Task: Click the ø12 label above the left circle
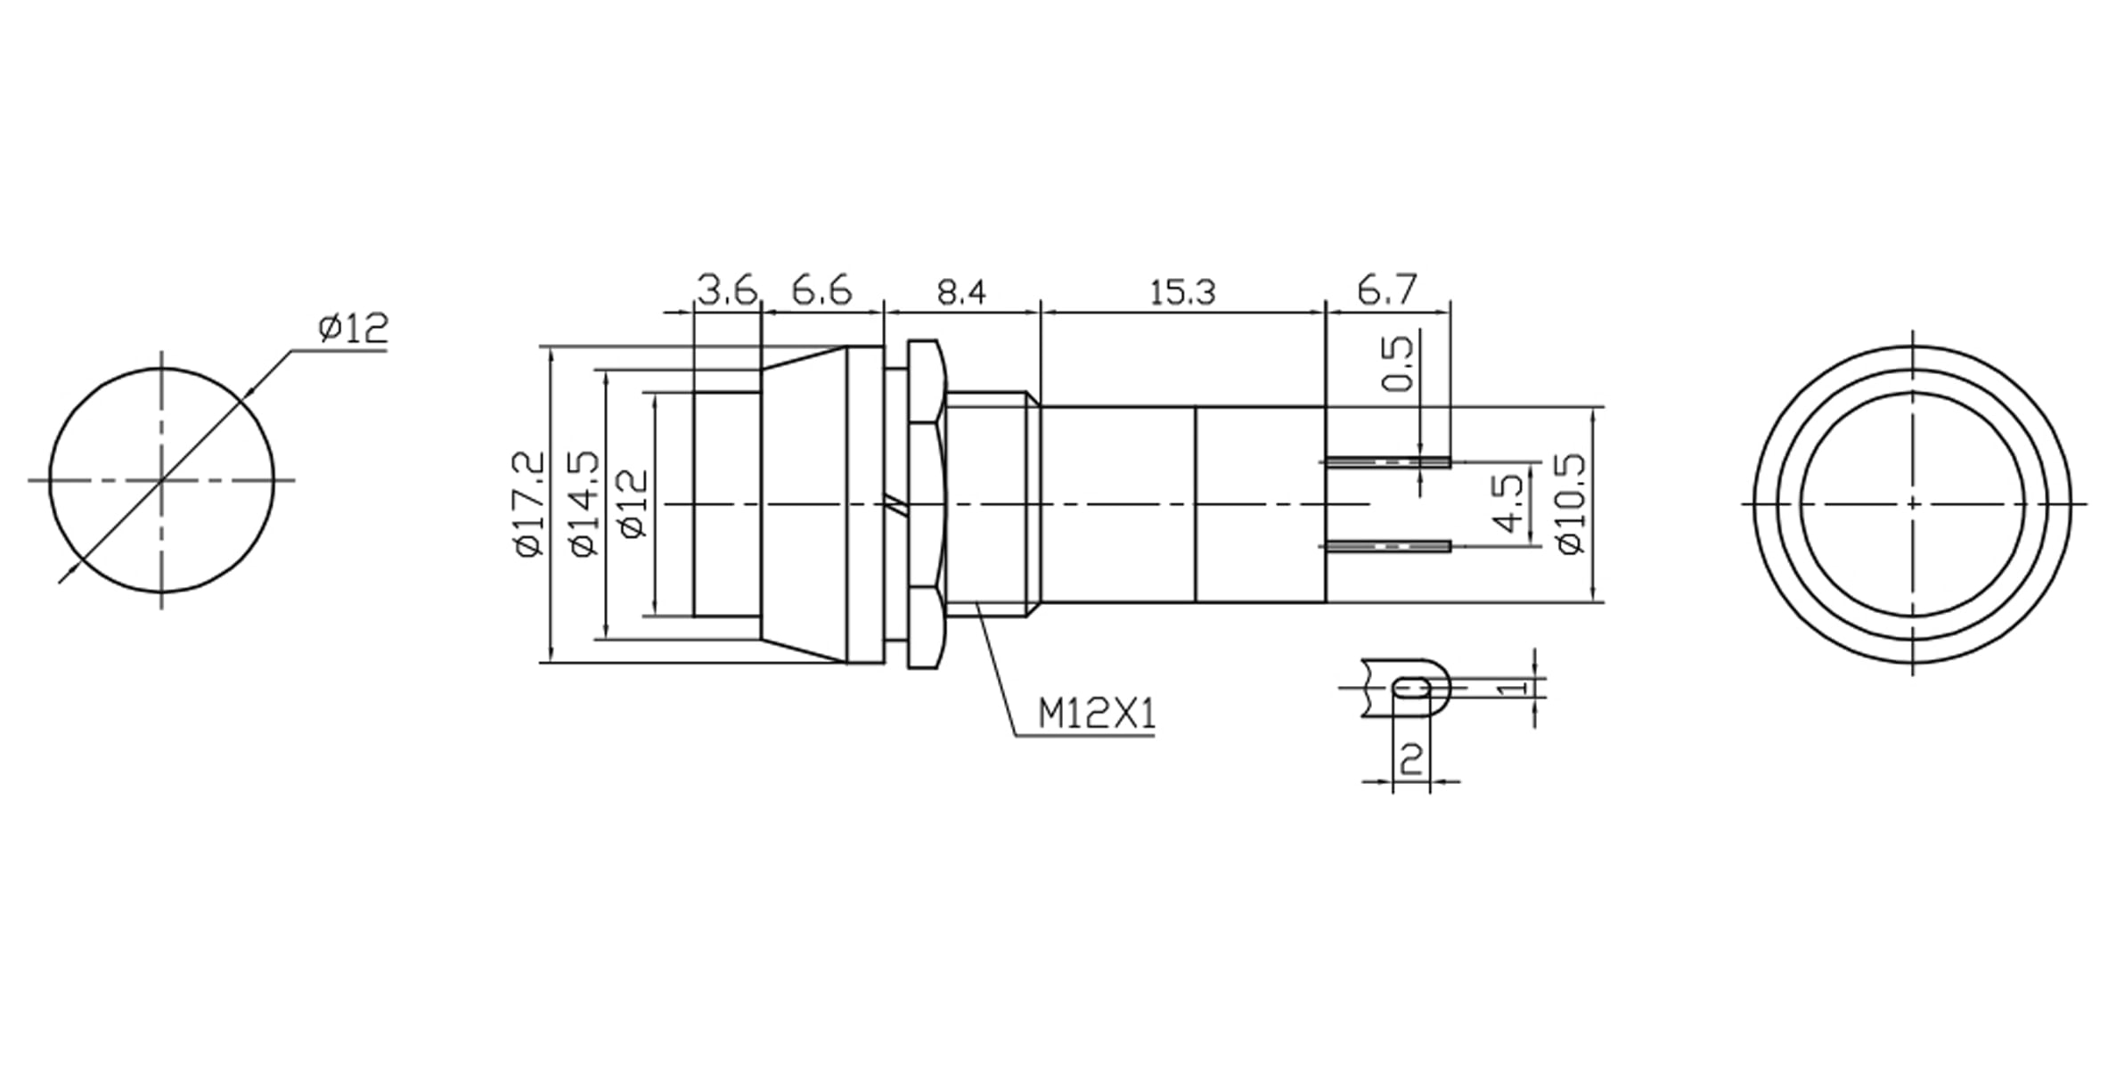(354, 330)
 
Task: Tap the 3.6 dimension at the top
(726, 290)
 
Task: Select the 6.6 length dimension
(821, 290)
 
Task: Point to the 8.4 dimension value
(961, 292)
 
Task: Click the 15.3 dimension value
(1181, 292)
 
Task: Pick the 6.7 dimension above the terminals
(1386, 290)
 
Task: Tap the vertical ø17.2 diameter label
(529, 504)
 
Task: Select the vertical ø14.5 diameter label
(585, 504)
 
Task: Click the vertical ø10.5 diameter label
(1573, 504)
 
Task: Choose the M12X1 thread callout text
(1097, 714)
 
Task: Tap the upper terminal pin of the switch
(1387, 462)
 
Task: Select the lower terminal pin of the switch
(1387, 546)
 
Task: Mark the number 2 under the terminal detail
(1411, 759)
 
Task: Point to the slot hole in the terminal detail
(1412, 688)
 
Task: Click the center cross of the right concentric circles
(1912, 504)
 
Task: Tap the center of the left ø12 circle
(161, 480)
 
